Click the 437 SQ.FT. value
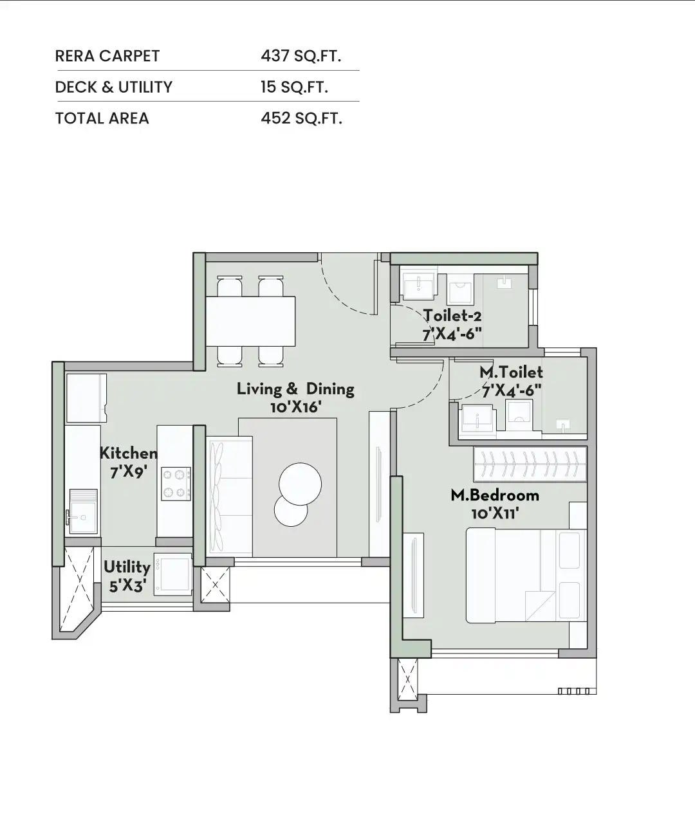pos(301,56)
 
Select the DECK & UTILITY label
pos(114,87)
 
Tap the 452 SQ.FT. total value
pos(301,118)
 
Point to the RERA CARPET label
pos(107,56)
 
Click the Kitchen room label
pos(129,453)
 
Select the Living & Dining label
pos(295,389)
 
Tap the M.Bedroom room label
pos(495,495)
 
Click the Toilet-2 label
pos(452,316)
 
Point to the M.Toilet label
pos(511,372)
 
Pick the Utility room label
pos(127,567)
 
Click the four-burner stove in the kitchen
pos(176,484)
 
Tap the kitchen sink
pos(84,511)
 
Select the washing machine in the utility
pos(173,574)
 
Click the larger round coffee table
pos(300,484)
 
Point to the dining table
pos(251,321)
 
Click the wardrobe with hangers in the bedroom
pos(530,464)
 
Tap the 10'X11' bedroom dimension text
pos(495,513)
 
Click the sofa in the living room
pos(230,496)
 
